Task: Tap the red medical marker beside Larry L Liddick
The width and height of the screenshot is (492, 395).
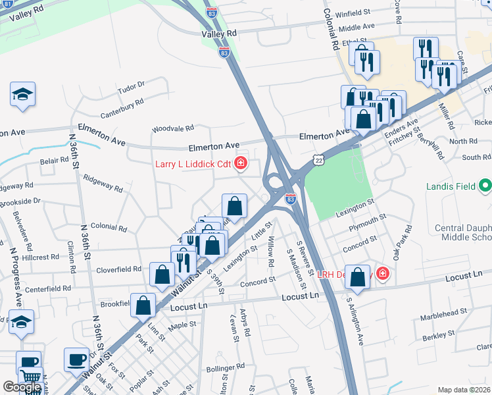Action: (x=241, y=163)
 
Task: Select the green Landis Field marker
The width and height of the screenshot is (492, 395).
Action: (x=485, y=186)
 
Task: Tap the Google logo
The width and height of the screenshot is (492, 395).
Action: (x=22, y=387)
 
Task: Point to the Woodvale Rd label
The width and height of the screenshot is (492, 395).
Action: (x=172, y=128)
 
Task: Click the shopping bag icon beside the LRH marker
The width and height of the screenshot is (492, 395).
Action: (x=357, y=277)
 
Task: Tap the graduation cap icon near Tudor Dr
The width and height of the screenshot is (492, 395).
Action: (x=22, y=94)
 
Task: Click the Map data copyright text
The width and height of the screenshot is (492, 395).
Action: (x=464, y=390)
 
